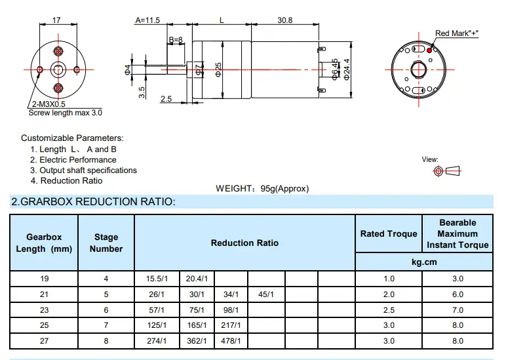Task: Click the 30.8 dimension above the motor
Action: [x=284, y=20]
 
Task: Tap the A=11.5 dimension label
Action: [x=147, y=20]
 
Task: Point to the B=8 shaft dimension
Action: [x=176, y=40]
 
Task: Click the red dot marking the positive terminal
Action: [x=429, y=50]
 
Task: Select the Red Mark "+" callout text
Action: [x=457, y=33]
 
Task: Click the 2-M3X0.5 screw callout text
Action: [x=49, y=104]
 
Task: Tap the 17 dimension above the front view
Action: [x=56, y=20]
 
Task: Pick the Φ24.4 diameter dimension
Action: [x=347, y=70]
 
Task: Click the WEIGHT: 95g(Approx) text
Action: [x=262, y=189]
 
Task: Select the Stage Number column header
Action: [x=106, y=243]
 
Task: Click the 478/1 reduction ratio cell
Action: [x=231, y=341]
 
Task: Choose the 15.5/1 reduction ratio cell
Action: [x=157, y=279]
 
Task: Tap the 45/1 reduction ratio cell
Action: [x=266, y=294]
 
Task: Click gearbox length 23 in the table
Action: [x=44, y=310]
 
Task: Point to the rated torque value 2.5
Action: [x=389, y=310]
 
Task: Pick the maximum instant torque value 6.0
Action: [x=457, y=294]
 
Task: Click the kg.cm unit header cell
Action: [x=424, y=262]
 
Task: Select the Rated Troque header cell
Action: [x=389, y=233]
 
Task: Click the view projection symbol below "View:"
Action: [x=447, y=170]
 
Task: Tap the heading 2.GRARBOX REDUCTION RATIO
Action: [x=93, y=202]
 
